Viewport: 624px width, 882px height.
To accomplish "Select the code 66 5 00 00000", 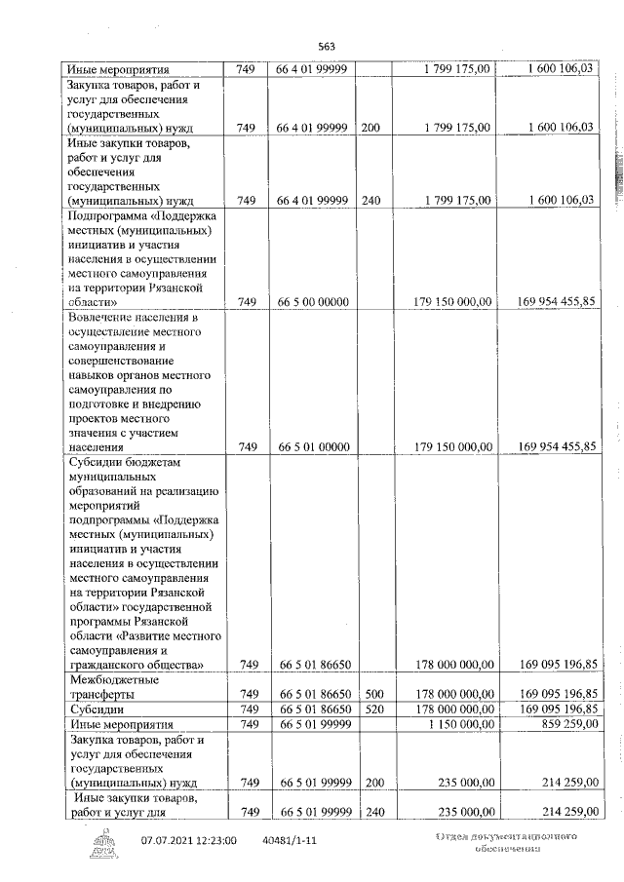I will click(x=313, y=302).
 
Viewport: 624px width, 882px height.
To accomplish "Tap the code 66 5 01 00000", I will click(x=313, y=447).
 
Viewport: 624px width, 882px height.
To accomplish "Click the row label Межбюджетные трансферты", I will click(x=115, y=686).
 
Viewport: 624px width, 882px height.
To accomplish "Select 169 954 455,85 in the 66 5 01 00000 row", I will click(x=557, y=447).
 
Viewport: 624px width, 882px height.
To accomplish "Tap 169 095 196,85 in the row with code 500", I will click(x=557, y=694).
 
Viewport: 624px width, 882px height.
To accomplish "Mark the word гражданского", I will click(x=112, y=665).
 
